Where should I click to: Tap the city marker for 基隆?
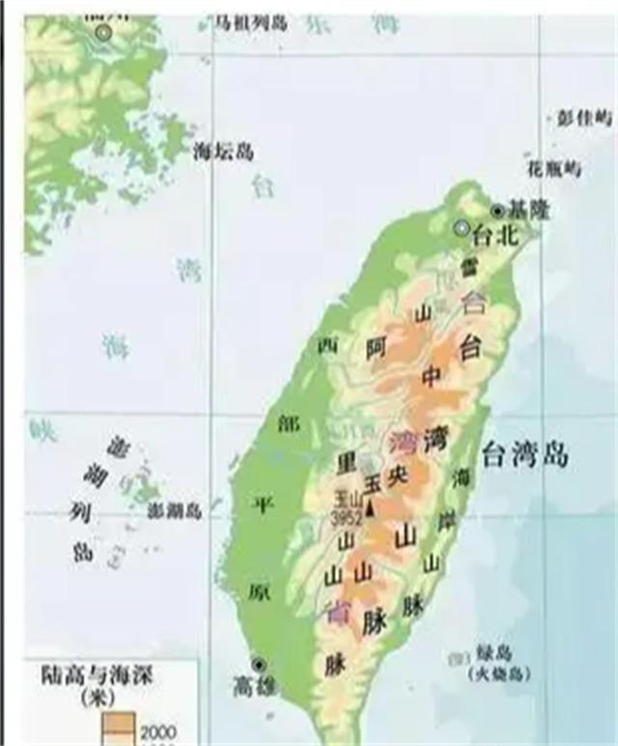pyautogui.click(x=497, y=210)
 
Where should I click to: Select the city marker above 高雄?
pyautogui.click(x=258, y=665)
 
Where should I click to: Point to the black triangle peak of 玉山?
pyautogui.click(x=370, y=505)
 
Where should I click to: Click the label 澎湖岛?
pyautogui.click(x=174, y=511)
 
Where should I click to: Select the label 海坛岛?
pyautogui.click(x=223, y=151)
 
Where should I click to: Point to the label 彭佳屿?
pyautogui.click(x=584, y=118)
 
